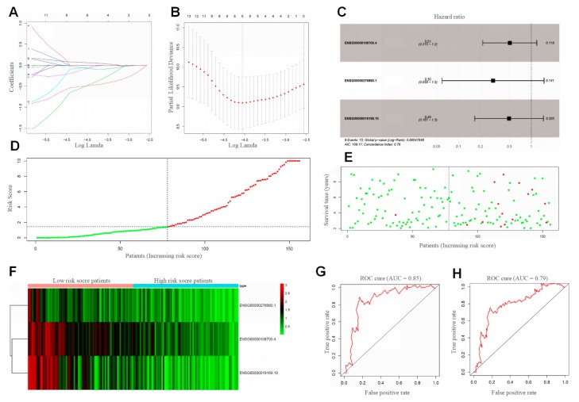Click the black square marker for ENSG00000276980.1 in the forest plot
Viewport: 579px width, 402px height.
click(x=493, y=81)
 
